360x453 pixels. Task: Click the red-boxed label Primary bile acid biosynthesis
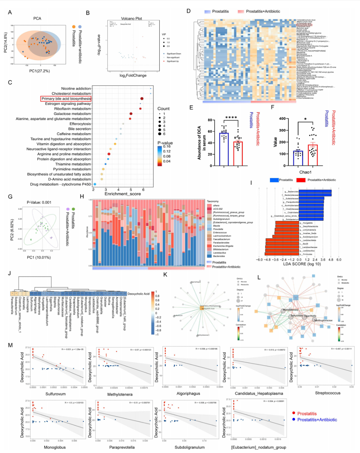[66, 99]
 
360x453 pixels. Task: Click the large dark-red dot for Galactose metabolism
[131, 114]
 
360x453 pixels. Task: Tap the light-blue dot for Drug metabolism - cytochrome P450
[95, 184]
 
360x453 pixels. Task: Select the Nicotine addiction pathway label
[76, 88]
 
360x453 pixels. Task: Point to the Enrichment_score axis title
[123, 194]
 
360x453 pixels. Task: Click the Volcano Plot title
[131, 18]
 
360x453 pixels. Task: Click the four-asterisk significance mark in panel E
[231, 118]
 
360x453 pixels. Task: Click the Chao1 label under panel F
[305, 172]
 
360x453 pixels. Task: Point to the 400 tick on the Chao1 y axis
[282, 119]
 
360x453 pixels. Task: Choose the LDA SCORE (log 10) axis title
[302, 264]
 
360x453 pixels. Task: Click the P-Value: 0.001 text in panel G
[39, 202]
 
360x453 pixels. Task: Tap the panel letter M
[10, 345]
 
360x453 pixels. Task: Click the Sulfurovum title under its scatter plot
[55, 394]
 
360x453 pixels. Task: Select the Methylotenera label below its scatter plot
[120, 394]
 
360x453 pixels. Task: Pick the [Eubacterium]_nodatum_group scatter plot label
[259, 447]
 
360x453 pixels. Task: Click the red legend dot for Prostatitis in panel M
[294, 413]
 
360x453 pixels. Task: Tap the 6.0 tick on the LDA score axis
[339, 260]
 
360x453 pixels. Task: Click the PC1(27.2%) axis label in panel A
[39, 71]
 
